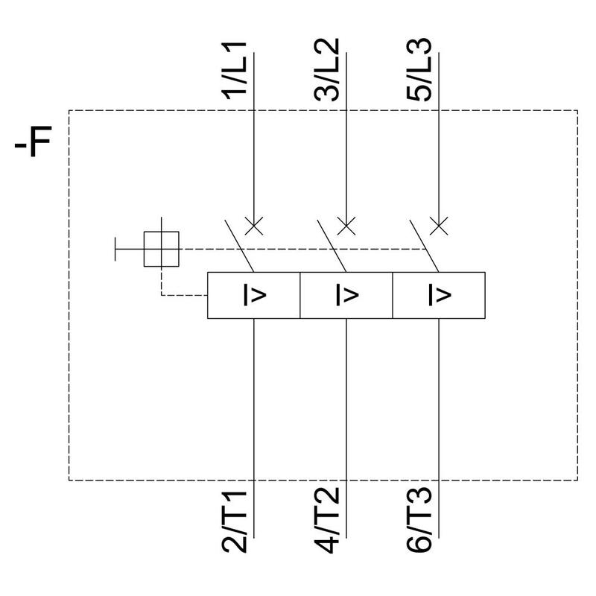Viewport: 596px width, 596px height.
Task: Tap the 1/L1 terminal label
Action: (238, 75)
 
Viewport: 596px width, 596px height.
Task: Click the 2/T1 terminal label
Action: (238, 519)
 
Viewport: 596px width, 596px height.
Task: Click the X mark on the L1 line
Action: (254, 225)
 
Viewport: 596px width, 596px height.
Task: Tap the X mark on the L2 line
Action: (346, 225)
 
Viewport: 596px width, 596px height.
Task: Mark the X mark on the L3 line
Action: (439, 225)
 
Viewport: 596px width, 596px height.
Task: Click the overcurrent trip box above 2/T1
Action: (253, 296)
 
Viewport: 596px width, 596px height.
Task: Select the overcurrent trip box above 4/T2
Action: (346, 296)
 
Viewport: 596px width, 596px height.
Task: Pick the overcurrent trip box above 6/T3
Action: (439, 296)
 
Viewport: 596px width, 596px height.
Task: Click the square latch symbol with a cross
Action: (162, 248)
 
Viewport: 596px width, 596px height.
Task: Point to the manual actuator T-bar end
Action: (115, 248)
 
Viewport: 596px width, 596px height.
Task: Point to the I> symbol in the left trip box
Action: (255, 296)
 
